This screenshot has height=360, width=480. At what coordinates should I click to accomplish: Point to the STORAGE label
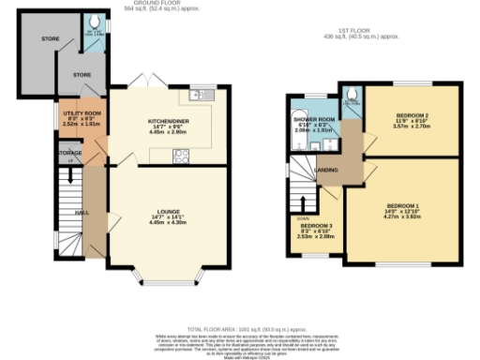pyautogui.click(x=69, y=151)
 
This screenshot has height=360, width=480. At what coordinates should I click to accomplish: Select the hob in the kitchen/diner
pyautogui.click(x=180, y=157)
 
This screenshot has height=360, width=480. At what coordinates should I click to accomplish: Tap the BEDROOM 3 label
pyautogui.click(x=315, y=226)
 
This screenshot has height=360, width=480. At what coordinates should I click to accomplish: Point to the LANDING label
pyautogui.click(x=327, y=170)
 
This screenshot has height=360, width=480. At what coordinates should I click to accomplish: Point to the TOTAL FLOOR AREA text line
pyautogui.click(x=240, y=330)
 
